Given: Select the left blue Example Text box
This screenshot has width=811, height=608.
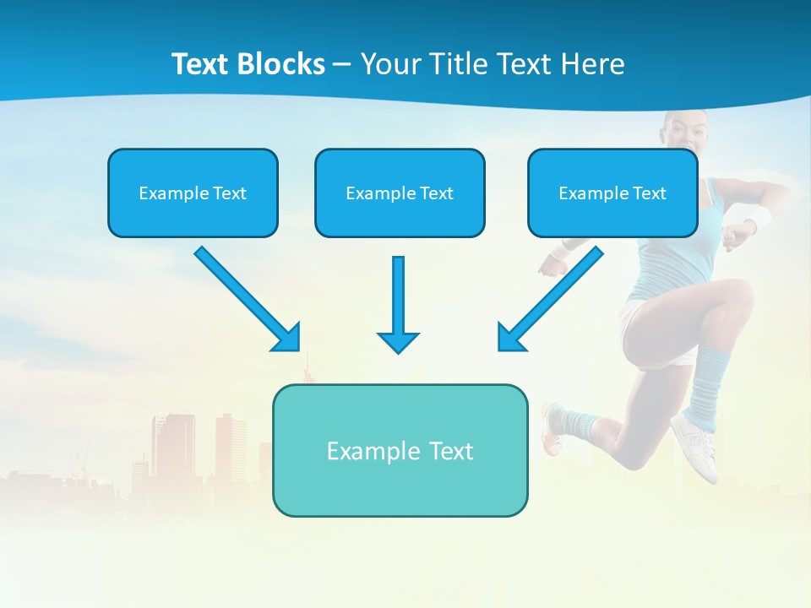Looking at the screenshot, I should [x=193, y=193].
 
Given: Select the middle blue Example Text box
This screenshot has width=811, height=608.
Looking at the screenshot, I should [x=400, y=193].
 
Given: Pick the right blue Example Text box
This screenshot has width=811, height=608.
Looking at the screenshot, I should [x=612, y=193].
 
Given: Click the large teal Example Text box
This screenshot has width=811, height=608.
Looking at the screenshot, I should [x=400, y=450].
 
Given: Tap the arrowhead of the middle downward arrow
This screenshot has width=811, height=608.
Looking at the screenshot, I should [x=399, y=341].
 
